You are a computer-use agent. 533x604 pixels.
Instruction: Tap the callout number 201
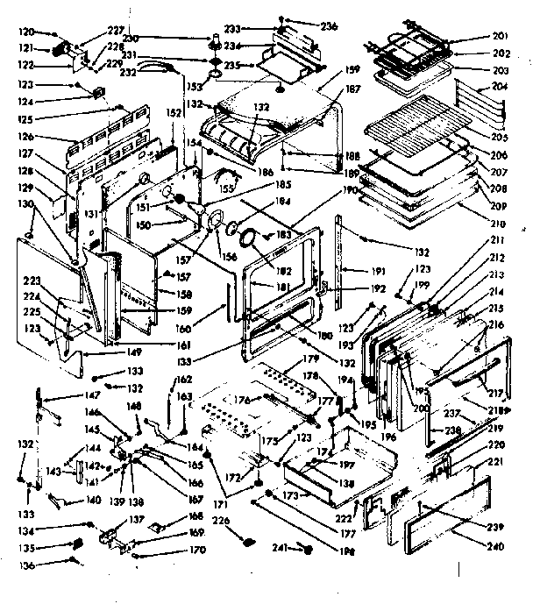click(x=501, y=36)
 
